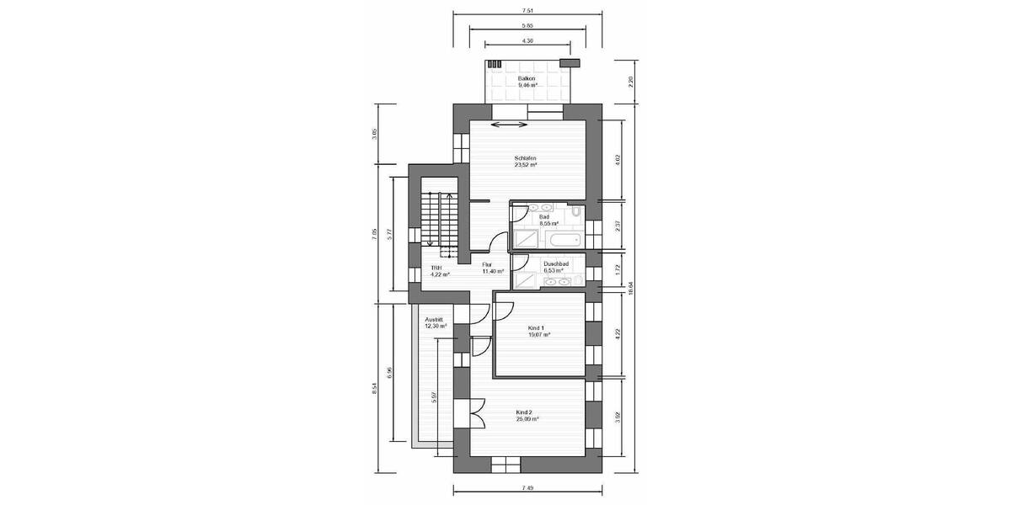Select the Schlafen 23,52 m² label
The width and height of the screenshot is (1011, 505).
527,162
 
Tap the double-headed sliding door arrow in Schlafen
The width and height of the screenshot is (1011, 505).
509,125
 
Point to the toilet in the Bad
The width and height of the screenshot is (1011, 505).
575,214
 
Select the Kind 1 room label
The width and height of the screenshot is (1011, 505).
538,331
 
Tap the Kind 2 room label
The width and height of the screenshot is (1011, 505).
527,415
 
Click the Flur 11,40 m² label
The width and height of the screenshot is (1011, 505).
492,268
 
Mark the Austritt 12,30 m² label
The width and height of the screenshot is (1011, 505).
436,322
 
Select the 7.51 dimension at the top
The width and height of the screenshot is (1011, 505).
527,10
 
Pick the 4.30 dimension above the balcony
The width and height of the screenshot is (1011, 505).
527,40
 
